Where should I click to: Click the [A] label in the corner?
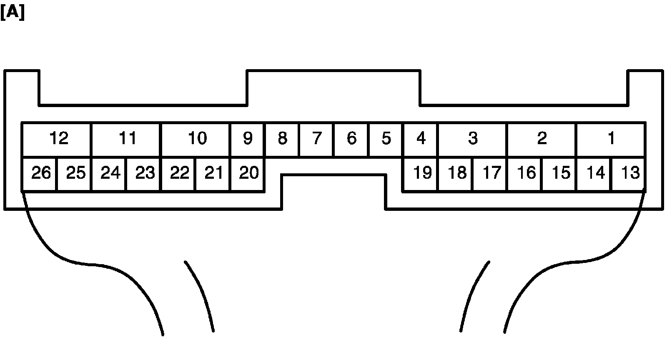click(x=13, y=13)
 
